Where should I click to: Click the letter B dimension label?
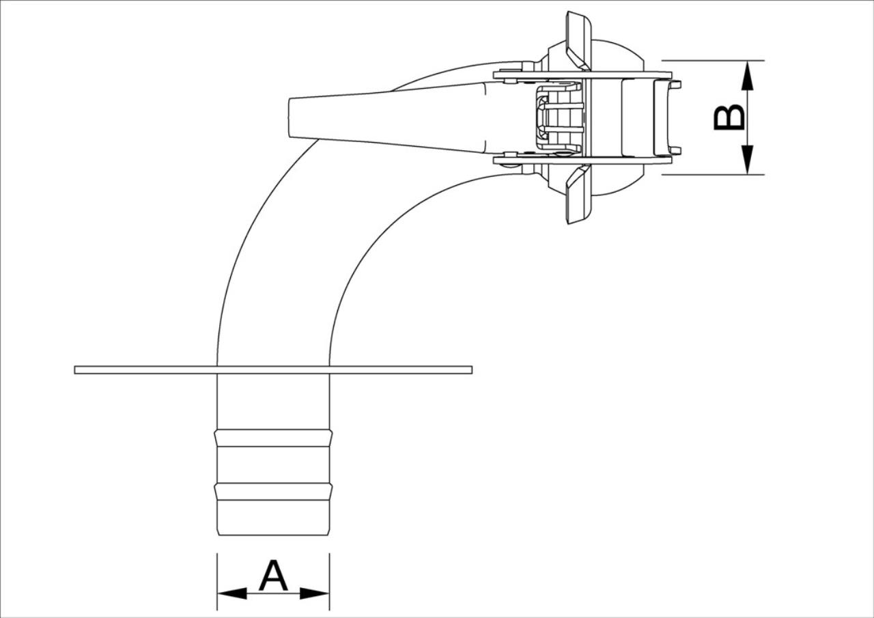click(729, 117)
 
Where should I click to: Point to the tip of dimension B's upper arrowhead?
click(747, 61)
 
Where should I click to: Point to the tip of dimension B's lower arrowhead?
click(747, 174)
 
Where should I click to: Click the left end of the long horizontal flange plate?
click(74, 370)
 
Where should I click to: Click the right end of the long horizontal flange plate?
click(472, 370)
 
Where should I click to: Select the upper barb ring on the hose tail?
click(274, 438)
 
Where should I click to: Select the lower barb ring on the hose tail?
click(274, 492)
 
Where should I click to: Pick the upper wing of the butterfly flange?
click(579, 41)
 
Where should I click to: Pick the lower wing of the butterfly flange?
click(579, 194)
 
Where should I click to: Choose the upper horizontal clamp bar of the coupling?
click(582, 75)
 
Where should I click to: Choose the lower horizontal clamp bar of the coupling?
click(582, 160)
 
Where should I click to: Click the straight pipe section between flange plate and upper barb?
click(274, 402)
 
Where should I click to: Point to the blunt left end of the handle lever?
click(289, 117)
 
